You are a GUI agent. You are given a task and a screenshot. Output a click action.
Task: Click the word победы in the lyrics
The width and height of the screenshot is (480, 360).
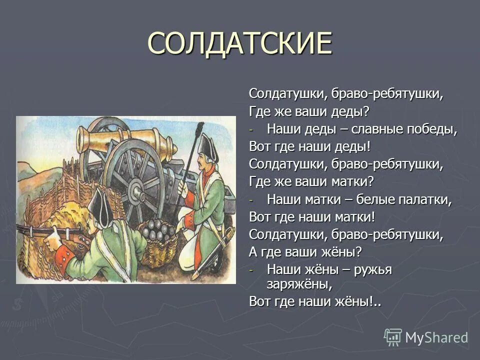coord(431,129)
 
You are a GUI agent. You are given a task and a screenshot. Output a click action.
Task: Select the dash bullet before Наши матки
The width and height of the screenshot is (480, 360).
coord(252,200)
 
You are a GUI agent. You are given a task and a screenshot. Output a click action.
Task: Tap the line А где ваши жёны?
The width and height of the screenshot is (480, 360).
coord(305,252)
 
